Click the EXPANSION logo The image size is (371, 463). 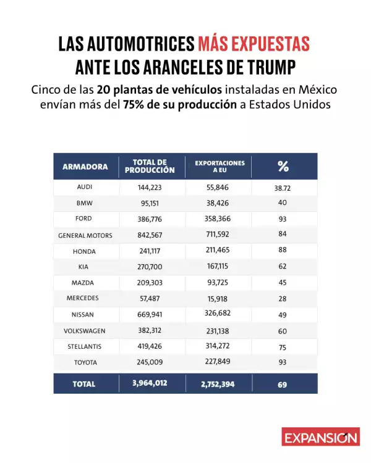[x=320, y=436]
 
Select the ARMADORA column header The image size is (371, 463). [x=85, y=167]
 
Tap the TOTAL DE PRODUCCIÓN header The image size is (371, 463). [x=149, y=166]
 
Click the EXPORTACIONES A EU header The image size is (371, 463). [x=220, y=166]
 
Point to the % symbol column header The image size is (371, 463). [x=283, y=166]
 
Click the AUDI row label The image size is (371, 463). [x=85, y=186]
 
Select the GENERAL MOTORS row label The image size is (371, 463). [x=85, y=235]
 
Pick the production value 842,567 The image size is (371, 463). [x=150, y=235]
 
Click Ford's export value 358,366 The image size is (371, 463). [x=220, y=219]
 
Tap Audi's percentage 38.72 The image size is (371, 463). [x=283, y=187]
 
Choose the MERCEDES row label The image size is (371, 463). [x=85, y=298]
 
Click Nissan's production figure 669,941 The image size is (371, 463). [x=150, y=314]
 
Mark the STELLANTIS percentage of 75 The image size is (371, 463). [x=283, y=347]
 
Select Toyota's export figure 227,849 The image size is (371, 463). [x=220, y=362]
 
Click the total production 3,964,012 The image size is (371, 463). [x=150, y=383]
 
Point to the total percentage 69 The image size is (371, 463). [x=283, y=384]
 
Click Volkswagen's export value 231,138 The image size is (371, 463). [x=220, y=330]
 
